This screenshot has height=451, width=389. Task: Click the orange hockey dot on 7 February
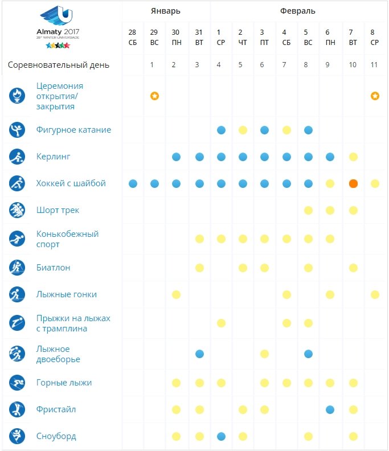tap(353, 183)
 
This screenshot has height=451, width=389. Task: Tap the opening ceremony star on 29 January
tap(154, 96)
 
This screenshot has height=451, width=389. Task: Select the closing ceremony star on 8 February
tap(375, 96)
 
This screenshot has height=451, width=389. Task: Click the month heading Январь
tap(166, 11)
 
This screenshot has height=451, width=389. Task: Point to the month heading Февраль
tap(297, 11)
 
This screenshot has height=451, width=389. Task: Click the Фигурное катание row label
tap(73, 130)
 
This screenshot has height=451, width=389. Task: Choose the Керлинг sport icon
tap(17, 157)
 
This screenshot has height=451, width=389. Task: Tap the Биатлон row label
tap(53, 267)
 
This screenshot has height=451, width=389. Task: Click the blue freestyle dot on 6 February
tap(330, 409)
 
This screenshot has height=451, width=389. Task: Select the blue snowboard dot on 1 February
tap(221, 436)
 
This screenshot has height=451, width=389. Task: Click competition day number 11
tap(374, 65)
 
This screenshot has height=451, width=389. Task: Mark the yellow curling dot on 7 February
tap(353, 157)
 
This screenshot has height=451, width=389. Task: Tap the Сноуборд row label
tap(56, 436)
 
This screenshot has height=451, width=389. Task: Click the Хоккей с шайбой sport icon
tap(17, 183)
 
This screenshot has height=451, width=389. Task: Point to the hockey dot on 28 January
tap(133, 183)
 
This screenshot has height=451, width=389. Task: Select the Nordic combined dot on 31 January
tap(199, 354)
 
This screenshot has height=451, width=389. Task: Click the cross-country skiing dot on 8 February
tap(375, 294)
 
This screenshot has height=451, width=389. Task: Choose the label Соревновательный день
tap(59, 65)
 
